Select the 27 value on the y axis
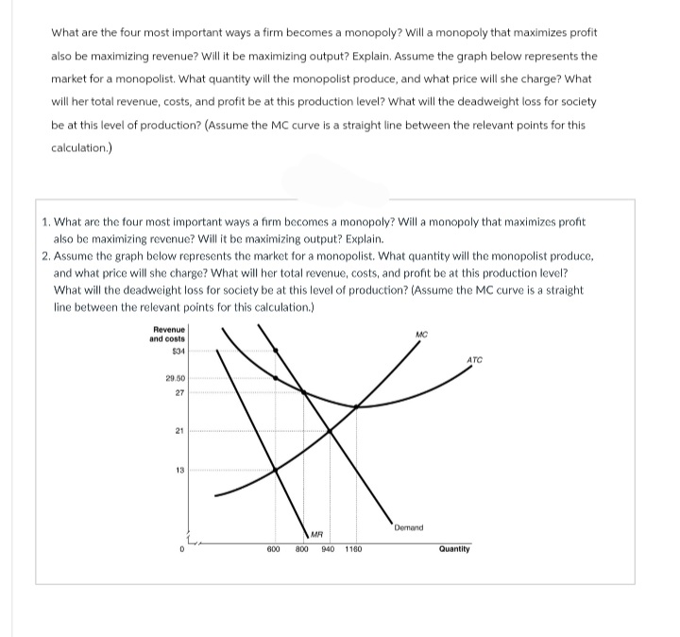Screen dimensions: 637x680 click(178, 392)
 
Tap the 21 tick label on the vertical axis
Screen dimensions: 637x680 click(178, 430)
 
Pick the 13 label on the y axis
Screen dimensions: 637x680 click(178, 470)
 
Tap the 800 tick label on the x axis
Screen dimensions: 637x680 click(302, 549)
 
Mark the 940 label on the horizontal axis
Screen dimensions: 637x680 click(328, 549)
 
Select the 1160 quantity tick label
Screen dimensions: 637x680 click(354, 549)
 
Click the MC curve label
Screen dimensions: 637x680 click(421, 333)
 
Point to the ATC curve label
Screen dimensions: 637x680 click(474, 359)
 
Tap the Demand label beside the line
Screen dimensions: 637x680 click(409, 527)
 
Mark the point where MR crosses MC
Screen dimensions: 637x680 click(276, 470)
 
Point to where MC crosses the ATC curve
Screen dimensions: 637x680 click(355, 406)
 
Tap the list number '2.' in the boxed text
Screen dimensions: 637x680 click(47, 256)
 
